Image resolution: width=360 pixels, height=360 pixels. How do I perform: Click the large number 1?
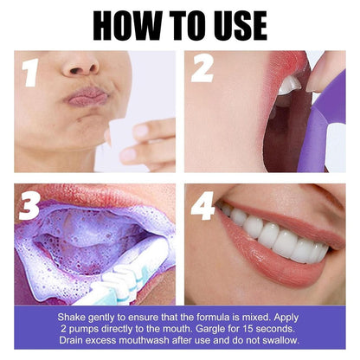tap(31, 72)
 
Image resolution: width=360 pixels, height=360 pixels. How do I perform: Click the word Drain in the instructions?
tap(70, 341)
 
